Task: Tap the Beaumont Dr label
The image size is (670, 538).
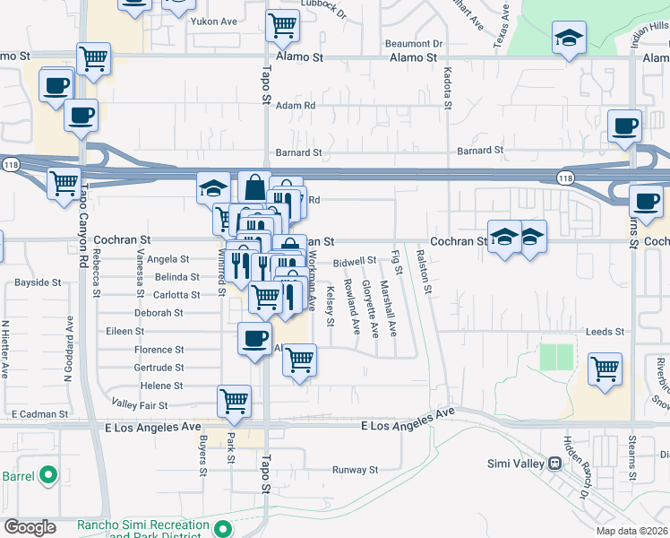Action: (414, 43)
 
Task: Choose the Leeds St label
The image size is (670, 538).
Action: (605, 332)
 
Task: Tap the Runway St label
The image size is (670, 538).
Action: (356, 469)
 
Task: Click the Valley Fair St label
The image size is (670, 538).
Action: (133, 404)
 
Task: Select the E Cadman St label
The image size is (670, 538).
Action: (40, 414)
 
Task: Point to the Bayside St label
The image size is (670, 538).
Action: (38, 282)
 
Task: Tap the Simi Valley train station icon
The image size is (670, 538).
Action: (555, 464)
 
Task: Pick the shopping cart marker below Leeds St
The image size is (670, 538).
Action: (606, 368)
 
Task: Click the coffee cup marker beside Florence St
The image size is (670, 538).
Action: (254, 338)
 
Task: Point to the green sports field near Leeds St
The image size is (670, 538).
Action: (557, 357)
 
